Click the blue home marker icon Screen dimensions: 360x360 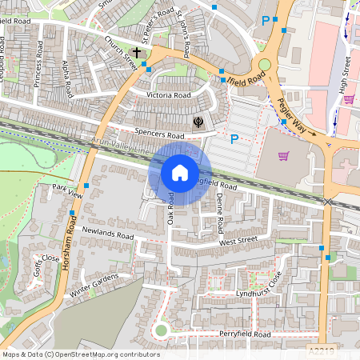coord(180,173)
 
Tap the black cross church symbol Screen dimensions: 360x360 coord(137,53)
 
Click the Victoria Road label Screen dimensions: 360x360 coord(169,95)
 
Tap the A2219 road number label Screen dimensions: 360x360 coord(321,350)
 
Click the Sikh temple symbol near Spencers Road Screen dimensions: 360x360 coord(197,122)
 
